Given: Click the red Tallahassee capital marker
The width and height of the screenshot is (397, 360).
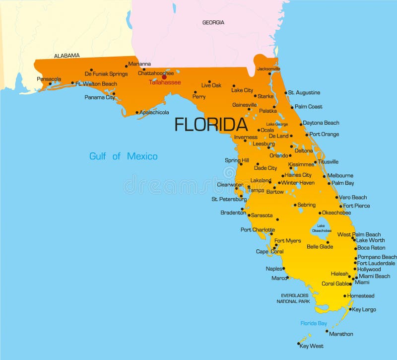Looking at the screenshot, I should pyautogui.click(x=164, y=76).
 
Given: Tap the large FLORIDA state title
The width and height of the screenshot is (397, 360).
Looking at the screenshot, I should pyautogui.click(x=211, y=125).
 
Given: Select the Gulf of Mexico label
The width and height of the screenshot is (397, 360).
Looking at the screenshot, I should pyautogui.click(x=123, y=156).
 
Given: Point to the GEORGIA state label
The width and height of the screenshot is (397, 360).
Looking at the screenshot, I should pyautogui.click(x=213, y=22).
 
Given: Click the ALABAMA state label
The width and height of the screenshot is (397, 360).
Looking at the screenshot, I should pyautogui.click(x=67, y=56).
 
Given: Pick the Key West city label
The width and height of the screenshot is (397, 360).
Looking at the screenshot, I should pyautogui.click(x=311, y=346).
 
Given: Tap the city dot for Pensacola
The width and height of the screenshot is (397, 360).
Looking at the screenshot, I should pyautogui.click(x=50, y=83).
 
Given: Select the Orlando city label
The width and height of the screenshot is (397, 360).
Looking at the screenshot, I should pyautogui.click(x=278, y=155).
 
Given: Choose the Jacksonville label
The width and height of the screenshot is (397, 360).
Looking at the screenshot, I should pyautogui.click(x=268, y=69).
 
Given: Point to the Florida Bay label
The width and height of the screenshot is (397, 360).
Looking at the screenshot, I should pyautogui.click(x=314, y=323).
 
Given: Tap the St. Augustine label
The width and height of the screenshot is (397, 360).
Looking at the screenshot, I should pyautogui.click(x=304, y=92).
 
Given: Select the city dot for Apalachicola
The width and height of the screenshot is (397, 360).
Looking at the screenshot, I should pyautogui.click(x=137, y=113).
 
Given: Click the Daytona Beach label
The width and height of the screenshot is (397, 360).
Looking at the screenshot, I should pyautogui.click(x=321, y=123).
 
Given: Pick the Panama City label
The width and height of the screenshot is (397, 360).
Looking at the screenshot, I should pyautogui.click(x=99, y=97).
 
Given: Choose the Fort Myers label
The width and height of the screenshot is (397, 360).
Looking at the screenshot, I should pyautogui.click(x=287, y=241).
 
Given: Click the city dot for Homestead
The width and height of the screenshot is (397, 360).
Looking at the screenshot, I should pyautogui.click(x=345, y=296).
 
